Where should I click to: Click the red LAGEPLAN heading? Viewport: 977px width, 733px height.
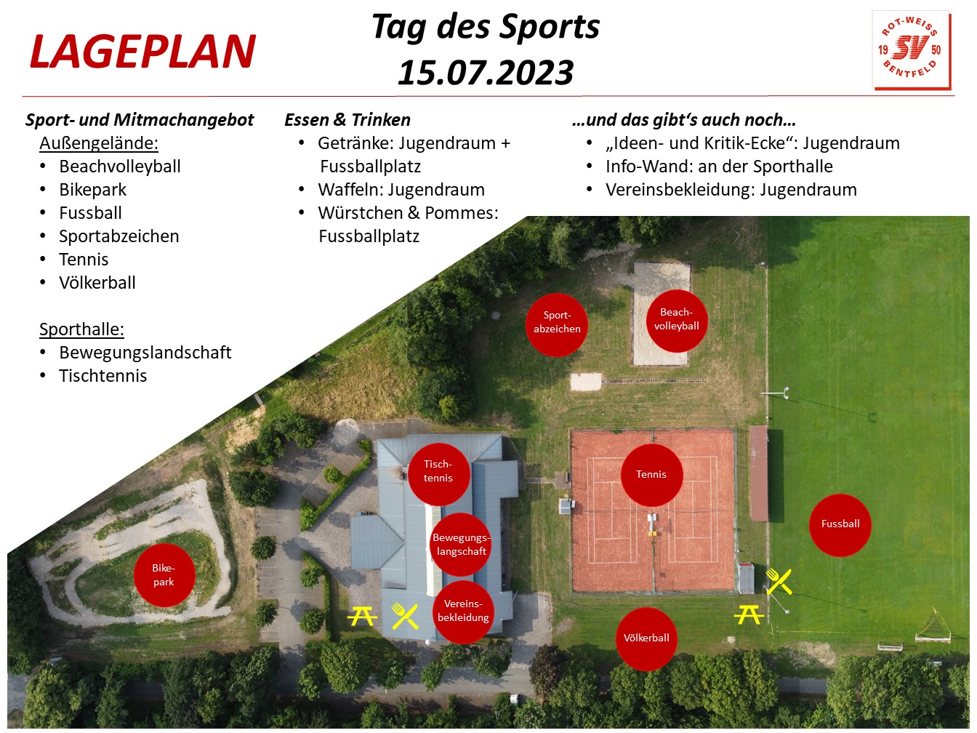click(x=143, y=52)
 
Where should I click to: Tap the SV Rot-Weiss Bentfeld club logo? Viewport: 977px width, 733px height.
click(x=911, y=50)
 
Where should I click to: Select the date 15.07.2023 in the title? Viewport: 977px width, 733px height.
click(x=486, y=73)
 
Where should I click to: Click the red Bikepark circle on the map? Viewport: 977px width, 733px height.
click(x=164, y=575)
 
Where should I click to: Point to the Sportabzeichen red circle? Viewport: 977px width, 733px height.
click(x=556, y=324)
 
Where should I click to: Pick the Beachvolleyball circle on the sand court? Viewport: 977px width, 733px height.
click(x=677, y=321)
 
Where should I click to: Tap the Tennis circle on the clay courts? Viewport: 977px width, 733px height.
click(x=651, y=474)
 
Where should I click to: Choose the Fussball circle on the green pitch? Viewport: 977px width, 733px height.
click(x=840, y=525)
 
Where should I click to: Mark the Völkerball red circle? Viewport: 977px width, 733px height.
click(x=646, y=638)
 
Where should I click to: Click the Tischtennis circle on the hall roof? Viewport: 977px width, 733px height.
click(x=439, y=473)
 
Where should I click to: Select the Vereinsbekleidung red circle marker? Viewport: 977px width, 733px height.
click(x=463, y=612)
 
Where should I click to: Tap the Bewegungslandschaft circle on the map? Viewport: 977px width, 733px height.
click(x=461, y=545)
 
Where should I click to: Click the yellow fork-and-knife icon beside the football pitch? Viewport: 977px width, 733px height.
click(x=779, y=581)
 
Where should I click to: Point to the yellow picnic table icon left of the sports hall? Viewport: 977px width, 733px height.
click(x=362, y=617)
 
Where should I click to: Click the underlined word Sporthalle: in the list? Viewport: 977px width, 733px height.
click(x=81, y=329)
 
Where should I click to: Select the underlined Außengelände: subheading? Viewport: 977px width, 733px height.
click(x=99, y=143)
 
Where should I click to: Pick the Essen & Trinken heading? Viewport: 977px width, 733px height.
click(x=347, y=120)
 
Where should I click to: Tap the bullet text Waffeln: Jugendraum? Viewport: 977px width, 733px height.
click(x=401, y=190)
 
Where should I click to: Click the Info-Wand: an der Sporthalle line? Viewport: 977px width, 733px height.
click(x=719, y=167)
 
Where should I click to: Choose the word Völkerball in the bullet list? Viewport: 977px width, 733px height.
click(x=97, y=283)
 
